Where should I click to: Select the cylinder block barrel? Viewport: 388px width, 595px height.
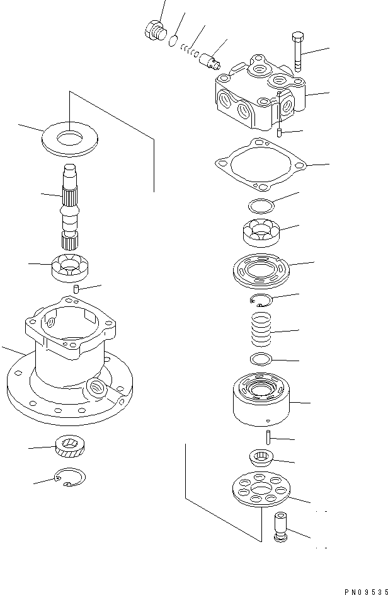[x=261, y=398]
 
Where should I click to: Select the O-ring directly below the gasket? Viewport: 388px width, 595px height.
[x=260, y=205]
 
